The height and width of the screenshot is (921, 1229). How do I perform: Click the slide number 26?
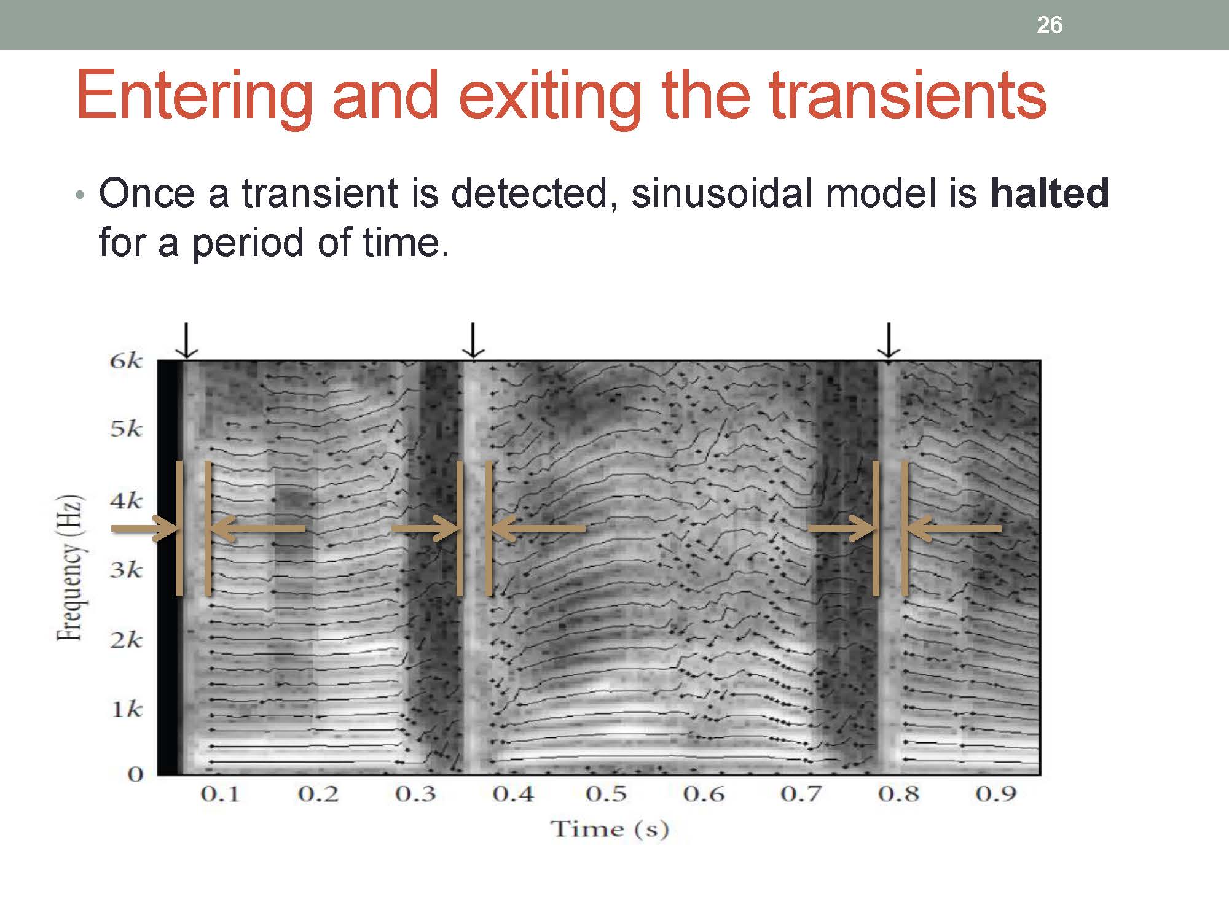(x=1050, y=25)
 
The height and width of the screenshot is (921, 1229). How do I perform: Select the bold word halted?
(x=1050, y=193)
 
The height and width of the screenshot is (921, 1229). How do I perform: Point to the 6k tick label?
(x=126, y=360)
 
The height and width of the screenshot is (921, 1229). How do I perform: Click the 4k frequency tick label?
(x=126, y=501)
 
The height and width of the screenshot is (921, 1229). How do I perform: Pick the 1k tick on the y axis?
(x=127, y=710)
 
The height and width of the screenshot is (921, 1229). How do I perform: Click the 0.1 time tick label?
(x=219, y=794)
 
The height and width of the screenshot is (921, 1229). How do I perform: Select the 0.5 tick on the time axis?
(x=607, y=794)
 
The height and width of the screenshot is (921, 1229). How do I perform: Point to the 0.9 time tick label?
(x=995, y=794)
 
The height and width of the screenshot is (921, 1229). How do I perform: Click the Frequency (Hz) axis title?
(x=70, y=568)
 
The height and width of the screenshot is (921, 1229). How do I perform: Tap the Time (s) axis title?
(x=609, y=829)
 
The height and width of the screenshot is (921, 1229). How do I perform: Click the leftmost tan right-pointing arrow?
(x=145, y=528)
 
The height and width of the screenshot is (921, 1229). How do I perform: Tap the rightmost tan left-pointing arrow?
(x=952, y=528)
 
